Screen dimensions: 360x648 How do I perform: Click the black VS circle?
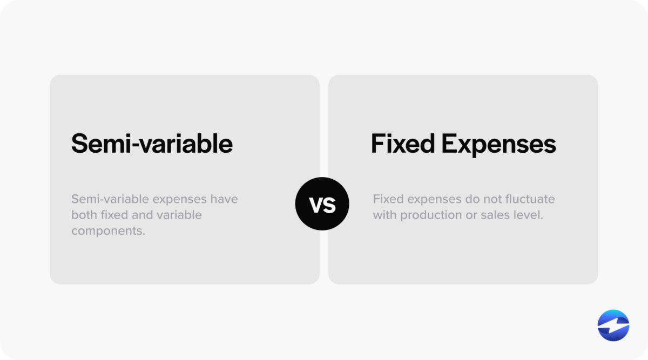click(x=322, y=204)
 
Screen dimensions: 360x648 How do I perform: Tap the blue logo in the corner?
click(x=613, y=326)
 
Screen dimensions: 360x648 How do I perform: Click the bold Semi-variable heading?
click(x=152, y=144)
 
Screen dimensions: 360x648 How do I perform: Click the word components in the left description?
click(x=108, y=231)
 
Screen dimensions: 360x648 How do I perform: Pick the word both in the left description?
click(x=84, y=215)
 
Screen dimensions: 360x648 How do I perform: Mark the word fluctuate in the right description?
click(x=529, y=199)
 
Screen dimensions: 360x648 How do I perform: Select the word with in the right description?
click(x=384, y=215)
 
